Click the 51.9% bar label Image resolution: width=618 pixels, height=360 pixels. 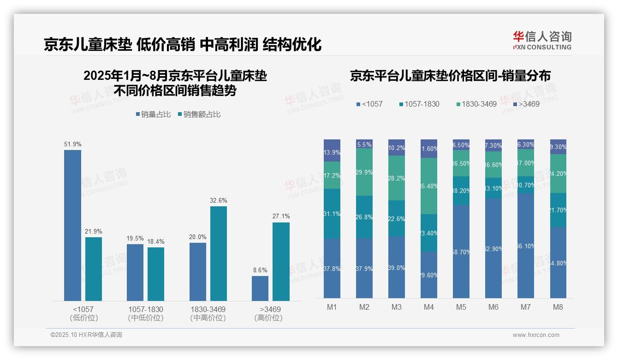(73, 144)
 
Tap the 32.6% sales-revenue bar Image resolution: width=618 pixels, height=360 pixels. (219, 253)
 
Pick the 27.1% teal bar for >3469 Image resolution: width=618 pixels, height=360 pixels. (281, 262)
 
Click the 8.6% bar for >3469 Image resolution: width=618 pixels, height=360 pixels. (260, 288)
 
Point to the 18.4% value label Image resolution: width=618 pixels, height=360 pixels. (156, 241)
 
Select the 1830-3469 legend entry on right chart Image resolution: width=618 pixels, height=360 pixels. (476, 104)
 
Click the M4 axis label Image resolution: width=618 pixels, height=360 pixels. (429, 307)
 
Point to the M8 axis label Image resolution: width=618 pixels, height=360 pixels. (558, 307)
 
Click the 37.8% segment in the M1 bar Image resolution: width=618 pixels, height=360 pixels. (332, 268)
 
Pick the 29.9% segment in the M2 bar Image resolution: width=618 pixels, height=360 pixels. (364, 172)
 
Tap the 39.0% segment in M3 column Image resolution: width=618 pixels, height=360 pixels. (397, 267)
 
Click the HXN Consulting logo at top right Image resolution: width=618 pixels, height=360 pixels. (542, 40)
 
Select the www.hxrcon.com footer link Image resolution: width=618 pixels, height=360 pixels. (536, 335)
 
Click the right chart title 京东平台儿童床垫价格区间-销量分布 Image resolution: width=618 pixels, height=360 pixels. (450, 76)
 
